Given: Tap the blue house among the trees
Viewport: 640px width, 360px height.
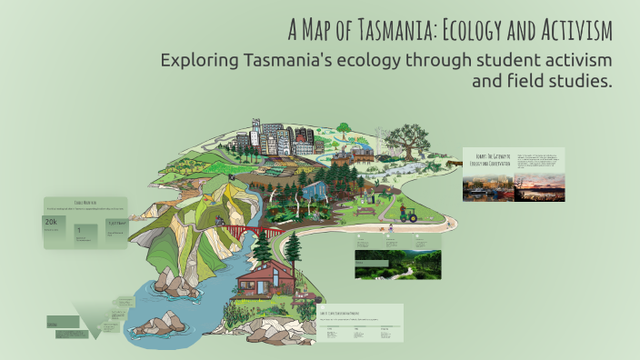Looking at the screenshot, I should [315, 192].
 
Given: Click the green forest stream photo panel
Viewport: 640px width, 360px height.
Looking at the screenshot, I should [397, 265].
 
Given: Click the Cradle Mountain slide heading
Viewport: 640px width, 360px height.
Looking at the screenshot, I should [85, 202].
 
